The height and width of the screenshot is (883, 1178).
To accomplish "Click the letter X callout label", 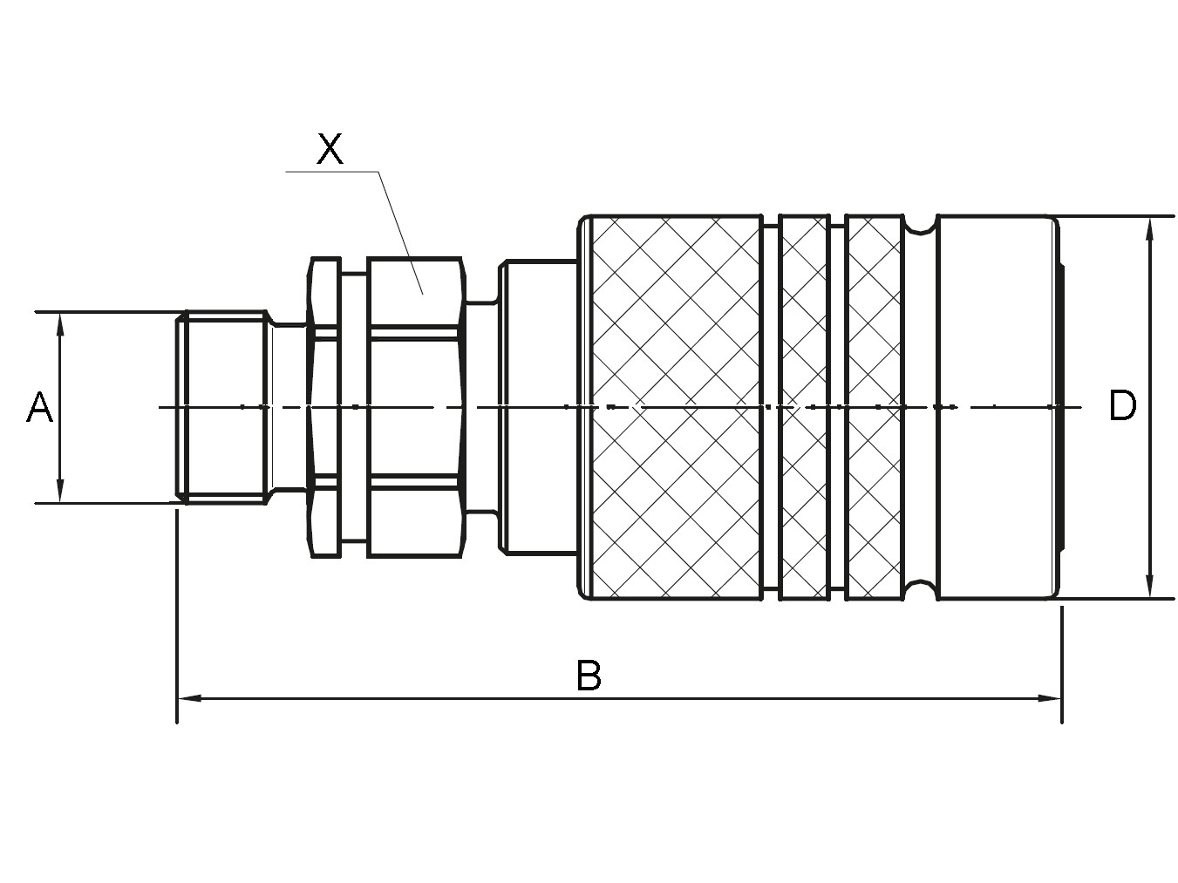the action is pyautogui.click(x=330, y=149).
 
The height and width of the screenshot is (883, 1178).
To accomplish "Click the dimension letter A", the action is pyautogui.click(x=40, y=407).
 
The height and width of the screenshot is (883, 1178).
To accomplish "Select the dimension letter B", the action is pyautogui.click(x=589, y=676).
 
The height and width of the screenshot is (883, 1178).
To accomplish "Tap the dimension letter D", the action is pyautogui.click(x=1122, y=405).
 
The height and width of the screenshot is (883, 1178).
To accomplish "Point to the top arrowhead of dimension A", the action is pyautogui.click(x=60, y=325).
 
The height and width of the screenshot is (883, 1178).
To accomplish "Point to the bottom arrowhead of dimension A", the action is pyautogui.click(x=60, y=490).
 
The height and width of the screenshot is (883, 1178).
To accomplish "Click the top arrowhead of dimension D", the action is pyautogui.click(x=1149, y=229).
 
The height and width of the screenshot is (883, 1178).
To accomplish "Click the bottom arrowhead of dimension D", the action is pyautogui.click(x=1149, y=585).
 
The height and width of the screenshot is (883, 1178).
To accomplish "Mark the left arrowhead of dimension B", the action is pyautogui.click(x=190, y=698).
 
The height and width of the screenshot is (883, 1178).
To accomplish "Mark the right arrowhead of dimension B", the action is pyautogui.click(x=1049, y=698).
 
